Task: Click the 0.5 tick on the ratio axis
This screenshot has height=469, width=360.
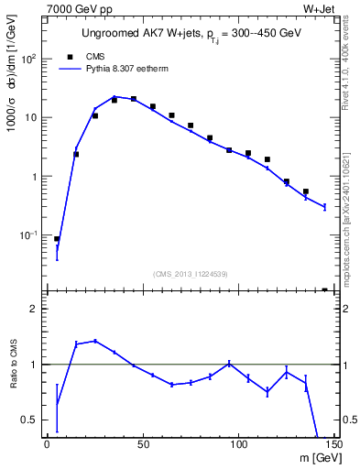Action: coord(32,420)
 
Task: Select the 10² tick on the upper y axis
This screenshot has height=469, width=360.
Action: coord(30,59)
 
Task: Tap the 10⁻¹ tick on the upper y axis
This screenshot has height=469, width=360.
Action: coord(30,235)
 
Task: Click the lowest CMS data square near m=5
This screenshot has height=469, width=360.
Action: coord(57,239)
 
